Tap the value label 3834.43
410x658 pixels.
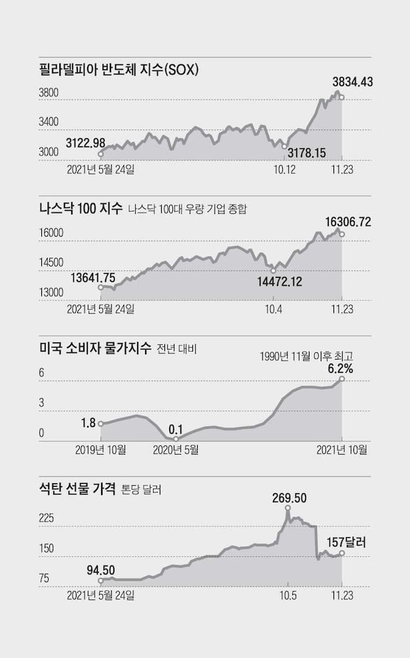[x=352, y=82]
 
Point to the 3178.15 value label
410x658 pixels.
[x=306, y=153]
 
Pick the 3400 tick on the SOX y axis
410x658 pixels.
[x=50, y=122]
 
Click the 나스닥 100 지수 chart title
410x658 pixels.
[x=81, y=209]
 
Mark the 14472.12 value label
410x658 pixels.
[x=280, y=281]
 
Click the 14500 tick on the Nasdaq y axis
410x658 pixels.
[x=51, y=263]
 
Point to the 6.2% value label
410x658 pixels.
[x=339, y=368]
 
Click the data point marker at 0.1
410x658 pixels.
[x=176, y=439]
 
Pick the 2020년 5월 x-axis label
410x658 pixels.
[x=176, y=449]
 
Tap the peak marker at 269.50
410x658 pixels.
[x=288, y=508]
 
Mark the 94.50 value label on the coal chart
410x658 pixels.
[x=101, y=569]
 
